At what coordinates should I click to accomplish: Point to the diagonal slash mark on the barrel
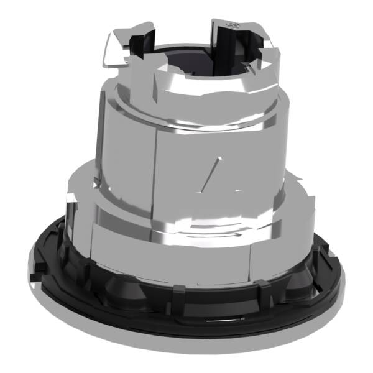[x=211, y=170]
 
